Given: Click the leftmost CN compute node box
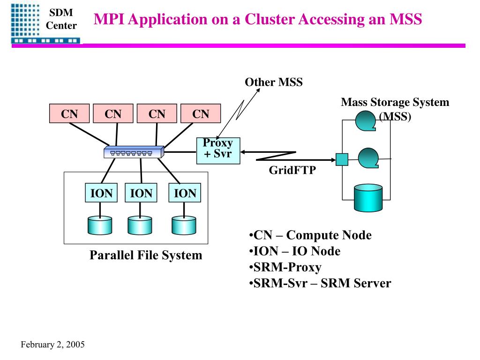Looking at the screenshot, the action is [x=69, y=113].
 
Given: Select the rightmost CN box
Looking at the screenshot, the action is [x=201, y=113].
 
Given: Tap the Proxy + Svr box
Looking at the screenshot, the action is [x=218, y=150].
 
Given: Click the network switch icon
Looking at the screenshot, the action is [x=134, y=152].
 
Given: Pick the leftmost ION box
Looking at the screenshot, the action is [x=101, y=193].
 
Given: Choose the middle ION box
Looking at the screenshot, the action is [x=141, y=193].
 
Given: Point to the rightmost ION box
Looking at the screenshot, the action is [x=185, y=193].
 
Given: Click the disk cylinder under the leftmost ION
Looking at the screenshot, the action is [x=100, y=225].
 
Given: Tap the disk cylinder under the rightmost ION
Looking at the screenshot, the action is [x=184, y=225].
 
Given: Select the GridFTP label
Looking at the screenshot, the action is [x=292, y=170].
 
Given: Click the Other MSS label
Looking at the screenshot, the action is [x=274, y=82].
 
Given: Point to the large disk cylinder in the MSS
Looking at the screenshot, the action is [x=368, y=198].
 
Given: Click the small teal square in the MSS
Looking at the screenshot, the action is [x=342, y=159].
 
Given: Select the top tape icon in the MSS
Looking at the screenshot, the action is [x=366, y=121].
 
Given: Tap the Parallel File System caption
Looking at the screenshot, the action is [x=146, y=255].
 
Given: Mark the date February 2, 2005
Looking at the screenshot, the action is [x=52, y=345].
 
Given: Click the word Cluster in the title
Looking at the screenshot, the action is [x=270, y=19].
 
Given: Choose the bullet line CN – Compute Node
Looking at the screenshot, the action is [x=310, y=235].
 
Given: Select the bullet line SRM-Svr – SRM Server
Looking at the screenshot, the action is [x=320, y=283].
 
